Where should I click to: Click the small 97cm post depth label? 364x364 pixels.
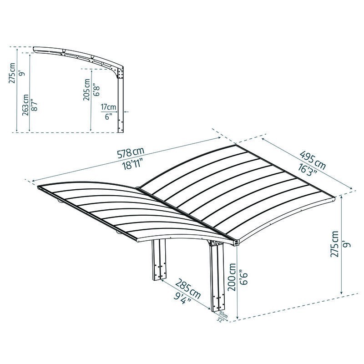pyautogui.click(x=222, y=314)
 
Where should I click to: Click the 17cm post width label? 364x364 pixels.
pyautogui.click(x=109, y=107)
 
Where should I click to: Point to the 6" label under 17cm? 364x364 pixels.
pyautogui.click(x=108, y=116)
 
